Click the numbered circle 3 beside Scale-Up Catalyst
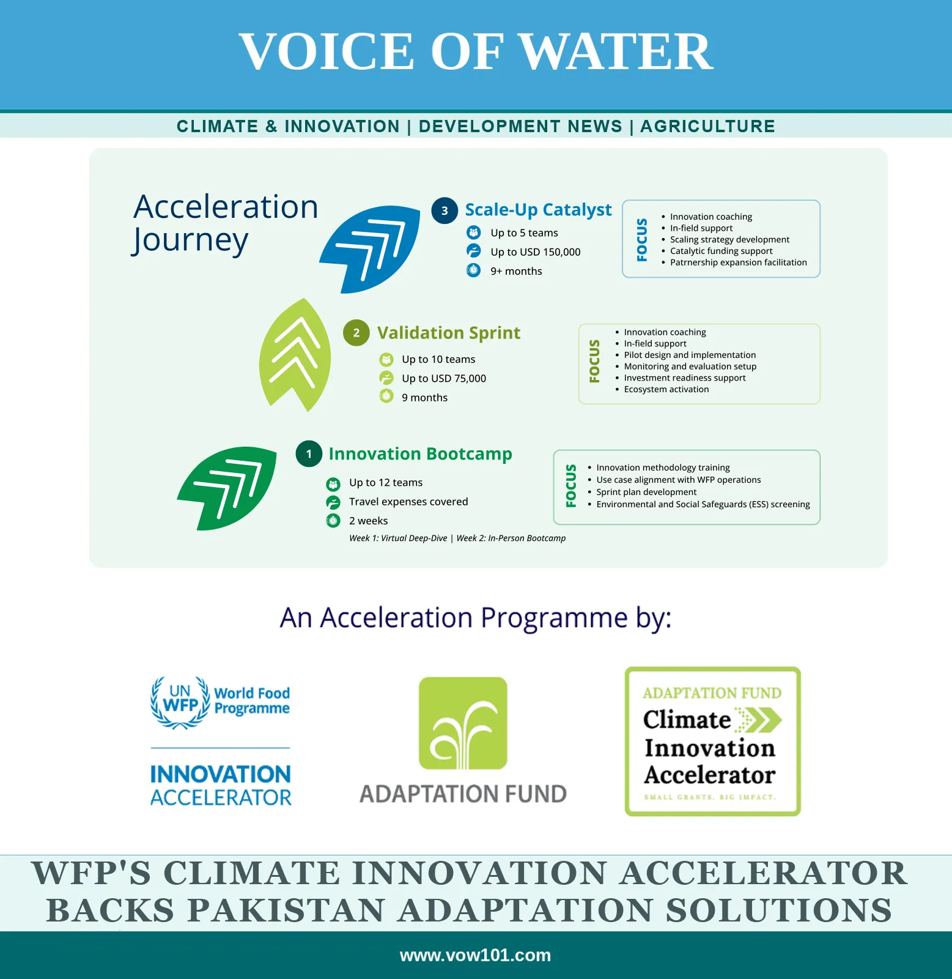[x=445, y=210]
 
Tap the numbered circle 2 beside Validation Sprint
[x=356, y=333]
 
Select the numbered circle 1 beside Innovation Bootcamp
[x=309, y=454]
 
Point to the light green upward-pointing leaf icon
[x=295, y=355]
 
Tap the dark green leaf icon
[x=227, y=488]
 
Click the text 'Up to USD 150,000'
[x=536, y=252]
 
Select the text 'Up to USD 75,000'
[x=444, y=379]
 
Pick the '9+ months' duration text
[x=516, y=271]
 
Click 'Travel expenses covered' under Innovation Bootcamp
[x=408, y=502]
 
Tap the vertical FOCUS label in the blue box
[x=642, y=240]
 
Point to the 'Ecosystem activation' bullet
[x=666, y=389]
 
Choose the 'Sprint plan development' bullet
[x=646, y=492]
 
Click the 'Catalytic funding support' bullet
[x=721, y=251]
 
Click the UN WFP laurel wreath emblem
[x=180, y=702]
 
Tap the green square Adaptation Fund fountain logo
[x=463, y=723]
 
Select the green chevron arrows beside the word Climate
[x=758, y=720]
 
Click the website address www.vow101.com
[x=475, y=955]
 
